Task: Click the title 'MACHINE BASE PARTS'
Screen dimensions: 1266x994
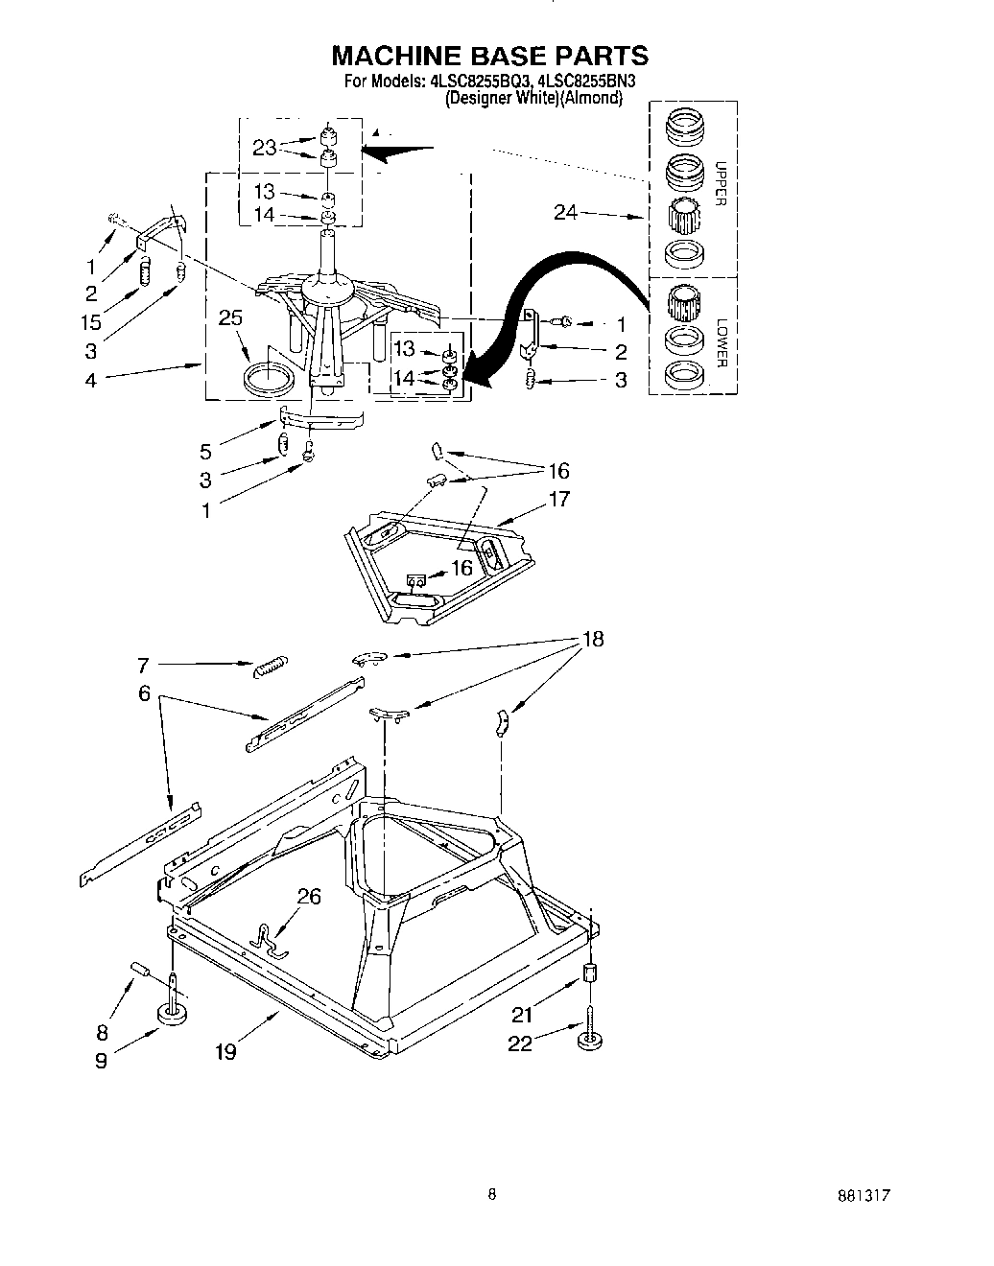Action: click(490, 56)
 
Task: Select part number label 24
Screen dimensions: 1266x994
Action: click(565, 213)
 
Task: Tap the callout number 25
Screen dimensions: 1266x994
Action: click(230, 318)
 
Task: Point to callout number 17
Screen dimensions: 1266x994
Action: click(558, 498)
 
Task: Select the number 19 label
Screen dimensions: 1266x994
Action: click(225, 1052)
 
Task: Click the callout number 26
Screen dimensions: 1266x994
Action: click(309, 897)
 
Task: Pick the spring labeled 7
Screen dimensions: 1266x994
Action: click(270, 667)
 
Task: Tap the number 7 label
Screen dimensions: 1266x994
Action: click(143, 664)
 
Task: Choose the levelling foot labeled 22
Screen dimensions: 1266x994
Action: click(588, 1043)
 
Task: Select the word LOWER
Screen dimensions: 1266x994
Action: click(722, 343)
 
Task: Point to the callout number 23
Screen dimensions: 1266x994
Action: click(265, 148)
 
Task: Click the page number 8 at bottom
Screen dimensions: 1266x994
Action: click(492, 1194)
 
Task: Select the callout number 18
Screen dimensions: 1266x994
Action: click(593, 640)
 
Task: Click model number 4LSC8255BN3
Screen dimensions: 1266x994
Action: click(581, 82)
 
